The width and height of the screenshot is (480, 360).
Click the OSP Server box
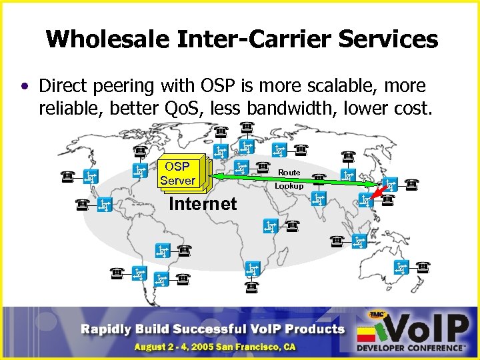177,173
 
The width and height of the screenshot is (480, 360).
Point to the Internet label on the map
203,204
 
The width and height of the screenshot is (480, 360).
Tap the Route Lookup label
289,179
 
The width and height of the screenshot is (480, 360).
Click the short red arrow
379,193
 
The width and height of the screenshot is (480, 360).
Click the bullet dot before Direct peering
25,87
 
